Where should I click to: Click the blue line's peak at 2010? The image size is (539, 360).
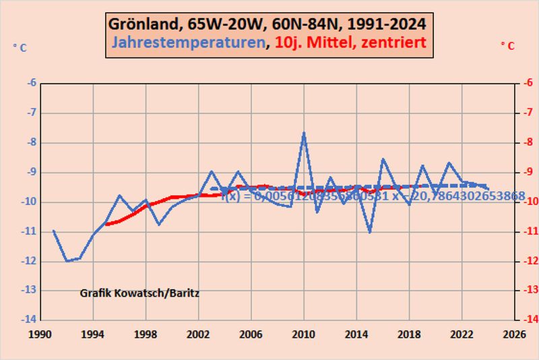tap(304, 133)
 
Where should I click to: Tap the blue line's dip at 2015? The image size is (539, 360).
tap(369, 232)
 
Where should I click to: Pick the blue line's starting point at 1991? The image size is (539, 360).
tap(53, 231)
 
